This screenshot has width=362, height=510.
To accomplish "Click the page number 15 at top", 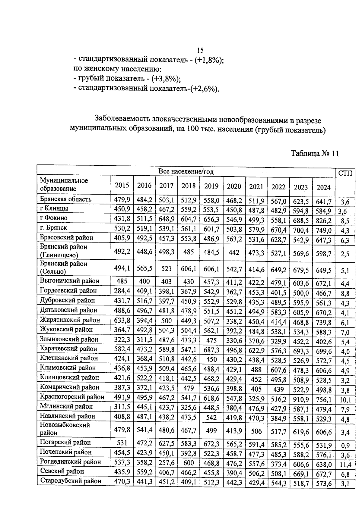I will [x=200, y=50].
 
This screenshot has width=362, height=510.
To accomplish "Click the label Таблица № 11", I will [x=315, y=154].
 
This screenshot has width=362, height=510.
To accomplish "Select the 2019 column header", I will [x=211, y=186].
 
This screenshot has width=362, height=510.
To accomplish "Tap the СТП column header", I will [x=345, y=173].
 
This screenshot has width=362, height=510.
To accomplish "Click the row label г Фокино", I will [x=54, y=218].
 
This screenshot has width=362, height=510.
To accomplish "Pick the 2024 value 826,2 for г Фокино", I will [x=323, y=221].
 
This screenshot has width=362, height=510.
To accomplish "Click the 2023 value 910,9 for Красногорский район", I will [x=300, y=400].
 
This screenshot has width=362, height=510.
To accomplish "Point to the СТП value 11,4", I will [x=345, y=465].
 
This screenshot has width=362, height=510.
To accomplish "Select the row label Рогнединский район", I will [x=70, y=462].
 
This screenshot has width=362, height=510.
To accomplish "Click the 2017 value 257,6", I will [x=167, y=463].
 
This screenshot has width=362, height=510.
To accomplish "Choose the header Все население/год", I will [x=186, y=172].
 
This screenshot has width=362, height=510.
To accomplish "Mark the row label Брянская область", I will [x=65, y=199].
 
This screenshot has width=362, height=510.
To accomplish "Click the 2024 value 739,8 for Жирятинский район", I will [x=323, y=323].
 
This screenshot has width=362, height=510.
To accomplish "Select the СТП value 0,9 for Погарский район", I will [x=345, y=446].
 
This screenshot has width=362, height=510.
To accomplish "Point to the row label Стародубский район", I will [x=71, y=481].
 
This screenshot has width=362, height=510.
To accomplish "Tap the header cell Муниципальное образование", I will [x=64, y=184].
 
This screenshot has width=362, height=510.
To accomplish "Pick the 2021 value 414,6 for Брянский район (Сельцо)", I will [x=256, y=270].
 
